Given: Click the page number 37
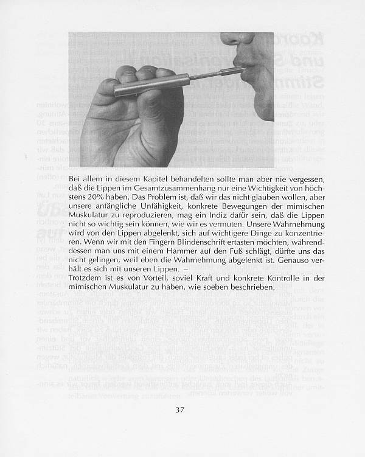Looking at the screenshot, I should [179, 409].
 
